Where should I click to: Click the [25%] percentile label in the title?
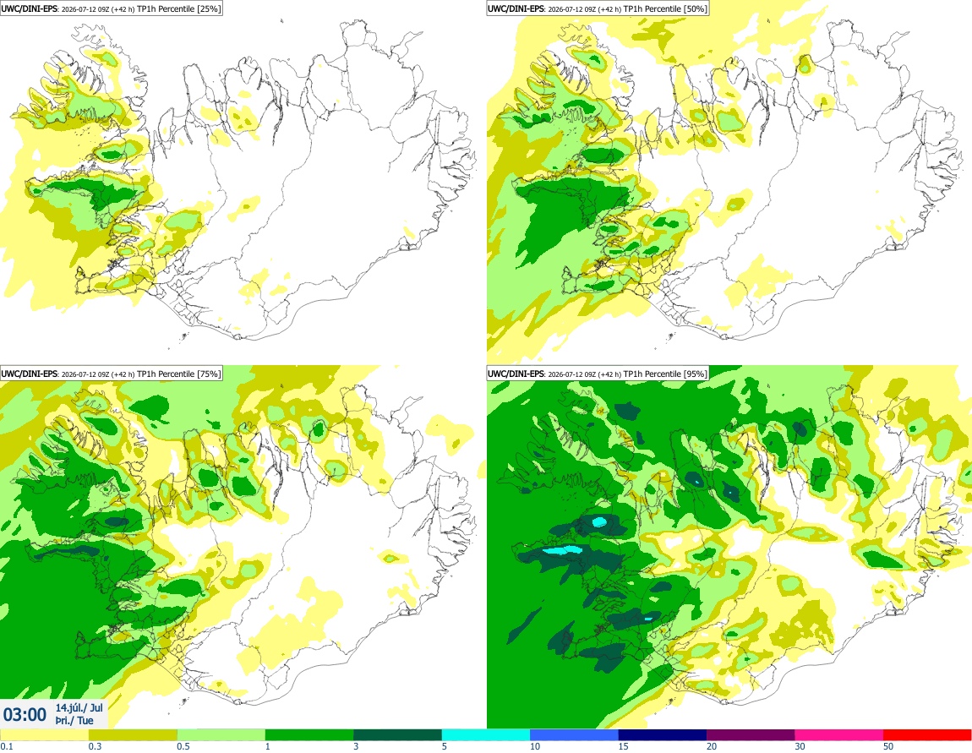coord(208,8)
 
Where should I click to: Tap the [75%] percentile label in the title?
coord(208,374)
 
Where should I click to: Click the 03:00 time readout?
coord(25,715)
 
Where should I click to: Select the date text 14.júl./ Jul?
coord(79,707)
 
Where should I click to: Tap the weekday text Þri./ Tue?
coord(74,720)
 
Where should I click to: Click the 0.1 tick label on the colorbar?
coord(6,746)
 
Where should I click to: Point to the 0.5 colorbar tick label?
coord(183,746)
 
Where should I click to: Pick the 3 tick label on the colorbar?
coord(356,746)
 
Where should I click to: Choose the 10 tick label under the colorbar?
coord(535,746)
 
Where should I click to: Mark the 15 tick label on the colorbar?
coord(624,746)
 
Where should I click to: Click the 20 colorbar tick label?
coord(712,746)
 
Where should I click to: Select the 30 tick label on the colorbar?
coord(800,746)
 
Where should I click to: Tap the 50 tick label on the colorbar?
coord(888,746)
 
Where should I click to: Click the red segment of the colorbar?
coord(927,735)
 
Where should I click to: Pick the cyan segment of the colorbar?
coord(486,735)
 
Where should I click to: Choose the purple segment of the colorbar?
coord(751,735)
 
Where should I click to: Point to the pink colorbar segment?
coord(839,735)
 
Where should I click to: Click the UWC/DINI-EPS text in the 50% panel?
coord(516,8)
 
